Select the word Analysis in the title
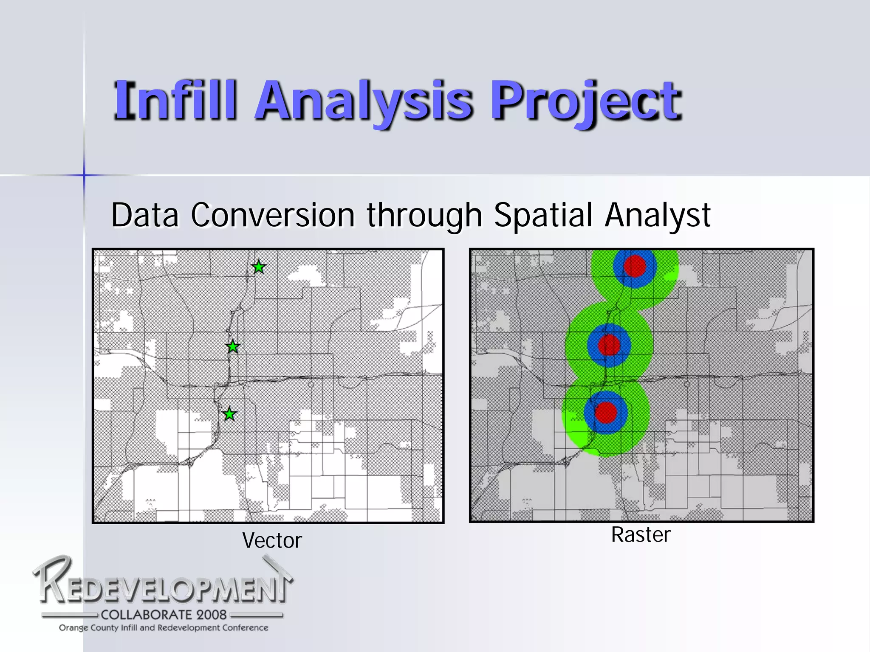363,102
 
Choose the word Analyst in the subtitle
657,215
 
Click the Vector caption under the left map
272,540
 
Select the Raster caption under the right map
641,534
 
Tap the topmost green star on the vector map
259,267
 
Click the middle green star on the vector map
233,347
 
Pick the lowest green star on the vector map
229,414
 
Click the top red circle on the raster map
635,266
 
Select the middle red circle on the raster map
609,345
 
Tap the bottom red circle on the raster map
606,412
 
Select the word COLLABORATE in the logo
146,615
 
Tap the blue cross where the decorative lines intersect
84,175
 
